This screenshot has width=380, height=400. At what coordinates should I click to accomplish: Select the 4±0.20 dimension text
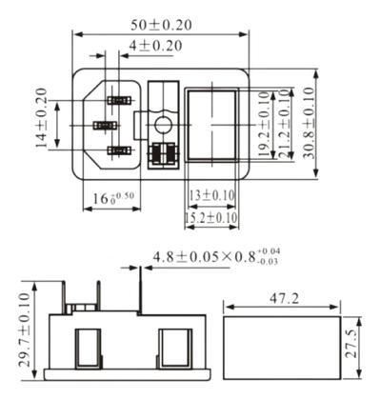pyautogui.click(x=157, y=45)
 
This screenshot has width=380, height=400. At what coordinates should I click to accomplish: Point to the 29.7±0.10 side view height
pyautogui.click(x=22, y=324)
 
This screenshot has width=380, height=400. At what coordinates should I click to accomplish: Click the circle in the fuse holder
pyautogui.click(x=163, y=124)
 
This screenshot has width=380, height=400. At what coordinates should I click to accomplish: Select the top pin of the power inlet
pyautogui.click(x=118, y=100)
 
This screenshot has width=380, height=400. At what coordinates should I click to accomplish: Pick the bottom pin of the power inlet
pyautogui.click(x=118, y=150)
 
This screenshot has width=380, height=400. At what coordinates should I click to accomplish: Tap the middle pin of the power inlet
pyautogui.click(x=103, y=126)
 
